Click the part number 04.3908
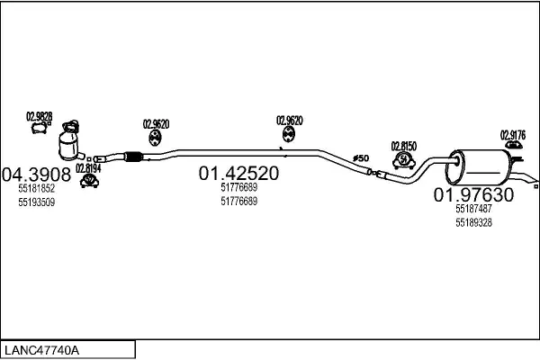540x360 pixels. (x=37, y=174)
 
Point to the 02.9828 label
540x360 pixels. (x=39, y=116)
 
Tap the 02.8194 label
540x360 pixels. (x=88, y=167)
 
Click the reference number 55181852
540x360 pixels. (x=36, y=189)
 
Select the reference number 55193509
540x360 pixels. (x=36, y=202)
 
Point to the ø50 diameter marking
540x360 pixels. (x=360, y=159)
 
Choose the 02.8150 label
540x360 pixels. (x=403, y=145)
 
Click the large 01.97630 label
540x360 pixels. (x=473, y=194)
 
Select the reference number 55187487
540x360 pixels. (x=473, y=209)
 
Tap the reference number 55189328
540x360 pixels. (x=473, y=222)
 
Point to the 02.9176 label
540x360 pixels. (x=513, y=134)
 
